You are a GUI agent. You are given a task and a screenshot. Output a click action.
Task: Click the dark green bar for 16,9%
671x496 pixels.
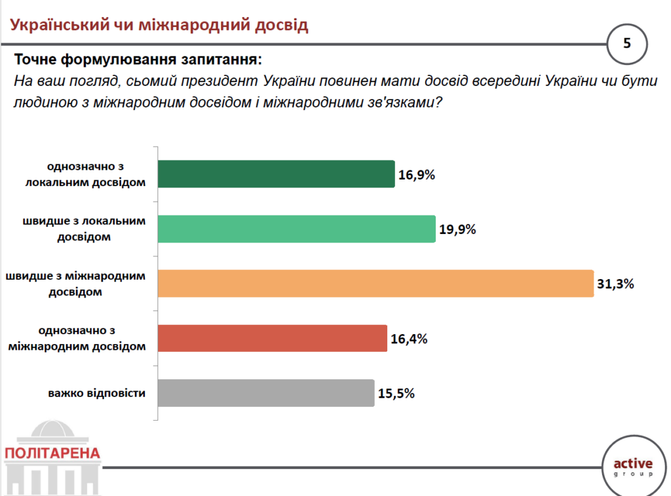tap(276, 174)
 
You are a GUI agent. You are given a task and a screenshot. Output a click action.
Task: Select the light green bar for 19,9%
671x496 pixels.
tap(296, 229)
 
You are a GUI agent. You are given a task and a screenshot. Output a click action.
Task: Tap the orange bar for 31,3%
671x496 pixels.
tap(375, 283)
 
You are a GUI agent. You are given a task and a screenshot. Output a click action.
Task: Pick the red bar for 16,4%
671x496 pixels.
tap(272, 338)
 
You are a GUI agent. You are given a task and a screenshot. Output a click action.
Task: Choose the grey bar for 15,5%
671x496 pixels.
tap(266, 393)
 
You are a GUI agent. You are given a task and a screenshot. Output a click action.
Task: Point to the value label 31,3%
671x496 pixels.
tap(616, 284)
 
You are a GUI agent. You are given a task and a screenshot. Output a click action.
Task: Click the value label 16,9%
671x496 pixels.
tap(417, 175)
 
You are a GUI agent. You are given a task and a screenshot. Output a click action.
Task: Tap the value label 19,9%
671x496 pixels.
tap(457, 229)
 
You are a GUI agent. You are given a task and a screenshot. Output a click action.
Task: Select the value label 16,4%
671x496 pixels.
tap(409, 339)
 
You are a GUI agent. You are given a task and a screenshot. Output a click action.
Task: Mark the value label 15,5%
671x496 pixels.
tap(396, 394)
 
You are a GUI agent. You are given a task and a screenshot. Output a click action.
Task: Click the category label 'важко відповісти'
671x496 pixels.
tap(96, 394)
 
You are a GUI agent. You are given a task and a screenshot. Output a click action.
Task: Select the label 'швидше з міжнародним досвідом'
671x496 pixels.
tap(75, 284)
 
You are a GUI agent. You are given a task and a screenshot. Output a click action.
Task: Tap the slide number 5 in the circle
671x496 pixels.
tap(627, 44)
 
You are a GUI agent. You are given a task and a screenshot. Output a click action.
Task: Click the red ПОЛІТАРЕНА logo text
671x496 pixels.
tap(52, 453)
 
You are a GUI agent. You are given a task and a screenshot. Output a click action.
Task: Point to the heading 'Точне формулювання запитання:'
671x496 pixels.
tap(138, 60)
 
